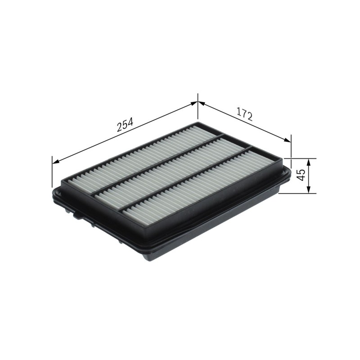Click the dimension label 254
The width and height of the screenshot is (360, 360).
pyautogui.click(x=125, y=125)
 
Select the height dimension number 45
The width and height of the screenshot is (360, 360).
pyautogui.click(x=300, y=175)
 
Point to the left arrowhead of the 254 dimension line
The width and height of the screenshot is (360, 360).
pyautogui.click(x=56, y=162)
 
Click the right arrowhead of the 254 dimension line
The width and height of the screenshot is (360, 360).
pyautogui.click(x=194, y=104)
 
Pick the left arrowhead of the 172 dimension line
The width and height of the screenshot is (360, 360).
pyautogui.click(x=201, y=103)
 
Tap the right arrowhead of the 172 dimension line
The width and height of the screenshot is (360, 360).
pyautogui.click(x=287, y=140)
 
